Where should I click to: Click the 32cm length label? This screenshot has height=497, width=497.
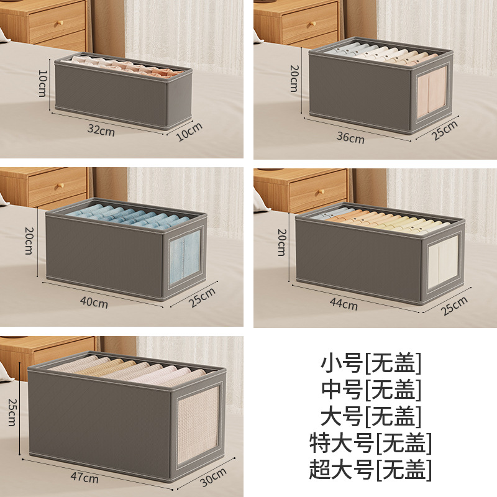point(101,130)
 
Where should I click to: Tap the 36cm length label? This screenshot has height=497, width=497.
point(350,137)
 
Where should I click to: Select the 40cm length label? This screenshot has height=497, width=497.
point(94,302)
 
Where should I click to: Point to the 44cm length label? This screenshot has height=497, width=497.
point(344,304)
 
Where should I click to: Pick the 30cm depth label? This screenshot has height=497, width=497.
point(213,477)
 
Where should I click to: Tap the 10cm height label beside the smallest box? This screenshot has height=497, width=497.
point(42,83)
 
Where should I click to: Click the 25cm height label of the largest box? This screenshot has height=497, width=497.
point(12,412)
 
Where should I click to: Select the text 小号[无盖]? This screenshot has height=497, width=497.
point(370,363)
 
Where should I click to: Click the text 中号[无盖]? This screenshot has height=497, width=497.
point(370,390)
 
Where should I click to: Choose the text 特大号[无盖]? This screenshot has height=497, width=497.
point(370,443)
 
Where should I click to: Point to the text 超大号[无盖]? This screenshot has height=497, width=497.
point(370,470)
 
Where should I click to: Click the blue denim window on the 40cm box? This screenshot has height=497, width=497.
point(185,257)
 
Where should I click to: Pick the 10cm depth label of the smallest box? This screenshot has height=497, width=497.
point(189,132)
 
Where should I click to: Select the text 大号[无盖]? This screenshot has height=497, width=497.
point(370,416)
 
